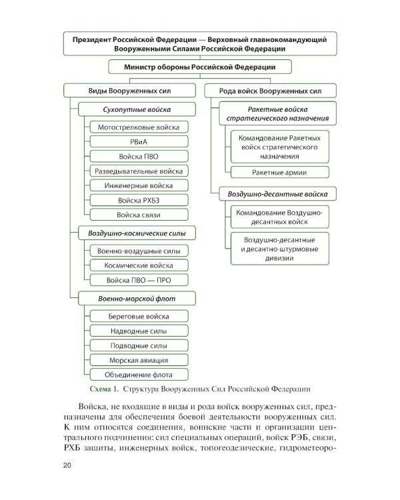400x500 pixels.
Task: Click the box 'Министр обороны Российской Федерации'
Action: (x=200, y=67)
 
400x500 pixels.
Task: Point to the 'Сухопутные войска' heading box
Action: (x=137, y=109)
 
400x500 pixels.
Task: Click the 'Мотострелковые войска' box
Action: (x=138, y=127)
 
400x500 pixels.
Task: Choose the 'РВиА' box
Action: (x=138, y=141)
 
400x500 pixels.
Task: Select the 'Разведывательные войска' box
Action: (x=138, y=171)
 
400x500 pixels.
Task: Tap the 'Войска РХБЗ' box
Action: (x=138, y=200)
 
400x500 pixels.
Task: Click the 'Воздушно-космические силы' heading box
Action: (x=137, y=233)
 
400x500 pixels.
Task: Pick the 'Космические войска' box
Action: (x=138, y=265)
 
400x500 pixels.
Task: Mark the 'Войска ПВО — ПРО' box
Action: (x=138, y=280)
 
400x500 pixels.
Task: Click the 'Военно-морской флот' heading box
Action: (x=137, y=298)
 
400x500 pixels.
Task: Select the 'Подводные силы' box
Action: (x=138, y=345)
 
